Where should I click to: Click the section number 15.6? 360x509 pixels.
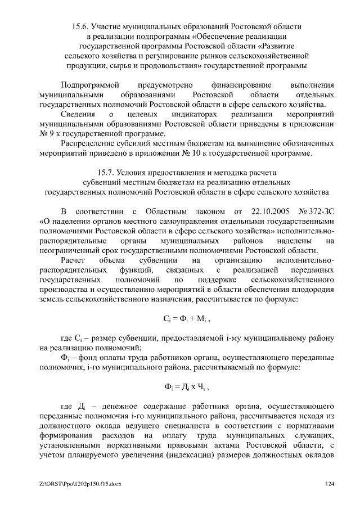pos(83,26)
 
